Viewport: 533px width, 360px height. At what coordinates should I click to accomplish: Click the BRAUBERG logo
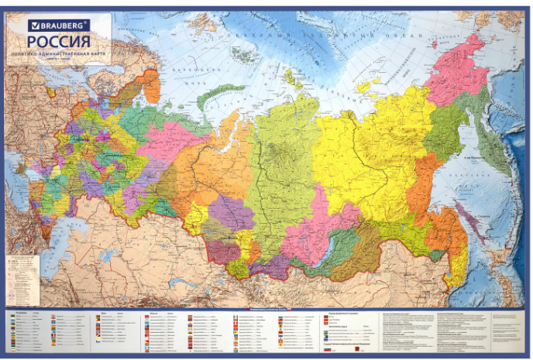pos(59,26)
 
